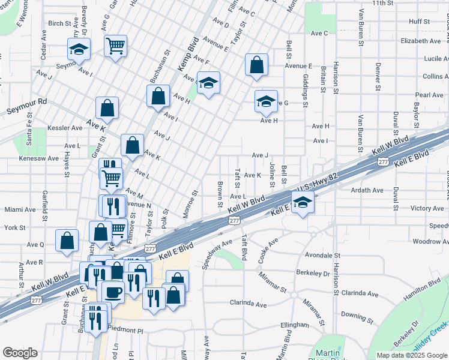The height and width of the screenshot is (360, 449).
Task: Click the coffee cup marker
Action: coord(112,292)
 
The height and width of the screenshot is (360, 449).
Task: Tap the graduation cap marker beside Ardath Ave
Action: coord(303,203)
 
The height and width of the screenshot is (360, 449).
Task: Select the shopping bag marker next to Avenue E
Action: coord(256,66)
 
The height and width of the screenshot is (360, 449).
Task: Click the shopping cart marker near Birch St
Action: coord(115,46)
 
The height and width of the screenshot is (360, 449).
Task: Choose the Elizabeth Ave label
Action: coord(421,41)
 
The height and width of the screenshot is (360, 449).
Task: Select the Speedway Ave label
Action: coord(217,253)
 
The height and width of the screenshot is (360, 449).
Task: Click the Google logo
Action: coord(20,353)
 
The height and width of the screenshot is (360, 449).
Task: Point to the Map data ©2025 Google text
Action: coord(412,355)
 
